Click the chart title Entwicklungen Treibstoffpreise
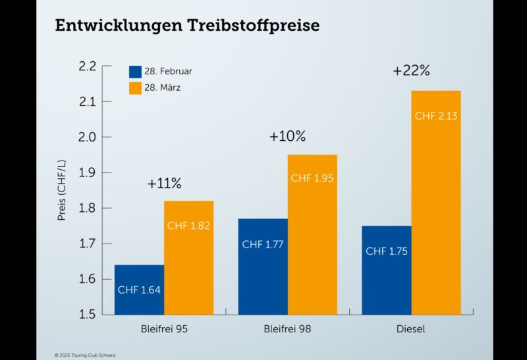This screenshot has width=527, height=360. pos(187,26)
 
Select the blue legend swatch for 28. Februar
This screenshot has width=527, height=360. pos(135,71)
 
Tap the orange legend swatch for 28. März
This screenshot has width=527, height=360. pos(135,87)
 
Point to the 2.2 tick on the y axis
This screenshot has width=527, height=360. pos(87,66)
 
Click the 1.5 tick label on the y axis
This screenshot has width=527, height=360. pos(87,315)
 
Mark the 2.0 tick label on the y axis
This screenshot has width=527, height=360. pos(87,137)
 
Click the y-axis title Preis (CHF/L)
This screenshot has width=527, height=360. pos(62,190)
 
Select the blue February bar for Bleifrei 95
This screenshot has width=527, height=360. pos(139,290)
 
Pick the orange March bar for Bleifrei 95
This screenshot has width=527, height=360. pos(188,257)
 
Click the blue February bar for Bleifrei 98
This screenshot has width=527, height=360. pos(263,267)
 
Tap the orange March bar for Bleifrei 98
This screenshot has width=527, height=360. pos(312,234)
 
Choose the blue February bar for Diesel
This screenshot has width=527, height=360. pos(387,270)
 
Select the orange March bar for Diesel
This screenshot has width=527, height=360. pos(436,202)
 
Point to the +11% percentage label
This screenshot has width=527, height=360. pos(164,184)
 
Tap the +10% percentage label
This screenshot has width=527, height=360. pos(287,137)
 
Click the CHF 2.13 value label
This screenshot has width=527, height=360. pos(436,116)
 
